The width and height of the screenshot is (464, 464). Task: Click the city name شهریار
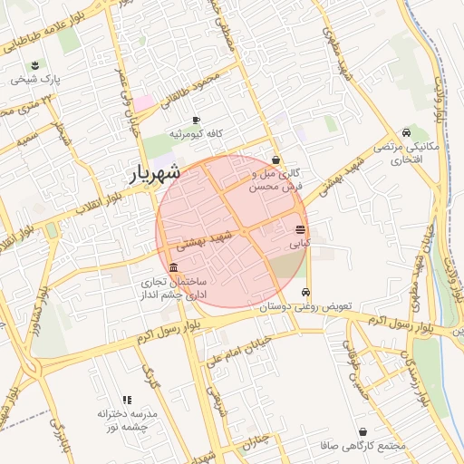click(150, 172)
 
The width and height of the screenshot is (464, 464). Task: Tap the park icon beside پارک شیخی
click(34, 64)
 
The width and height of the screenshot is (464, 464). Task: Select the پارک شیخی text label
click(34, 80)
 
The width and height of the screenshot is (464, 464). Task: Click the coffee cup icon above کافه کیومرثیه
click(197, 121)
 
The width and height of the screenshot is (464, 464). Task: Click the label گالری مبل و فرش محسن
click(275, 179)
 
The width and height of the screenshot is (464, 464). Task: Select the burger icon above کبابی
click(300, 229)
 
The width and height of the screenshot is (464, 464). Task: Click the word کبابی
click(300, 244)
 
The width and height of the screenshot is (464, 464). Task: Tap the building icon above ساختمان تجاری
click(173, 266)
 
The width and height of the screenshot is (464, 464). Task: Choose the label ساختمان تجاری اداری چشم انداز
click(172, 289)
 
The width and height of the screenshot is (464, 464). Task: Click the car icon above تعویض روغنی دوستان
click(306, 292)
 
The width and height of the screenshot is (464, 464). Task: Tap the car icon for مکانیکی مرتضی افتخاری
click(416, 132)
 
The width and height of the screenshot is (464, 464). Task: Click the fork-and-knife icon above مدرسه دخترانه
click(127, 399)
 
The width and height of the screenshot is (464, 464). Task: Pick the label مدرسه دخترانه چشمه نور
click(127, 419)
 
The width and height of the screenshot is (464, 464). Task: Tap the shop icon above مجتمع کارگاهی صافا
click(362, 432)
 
